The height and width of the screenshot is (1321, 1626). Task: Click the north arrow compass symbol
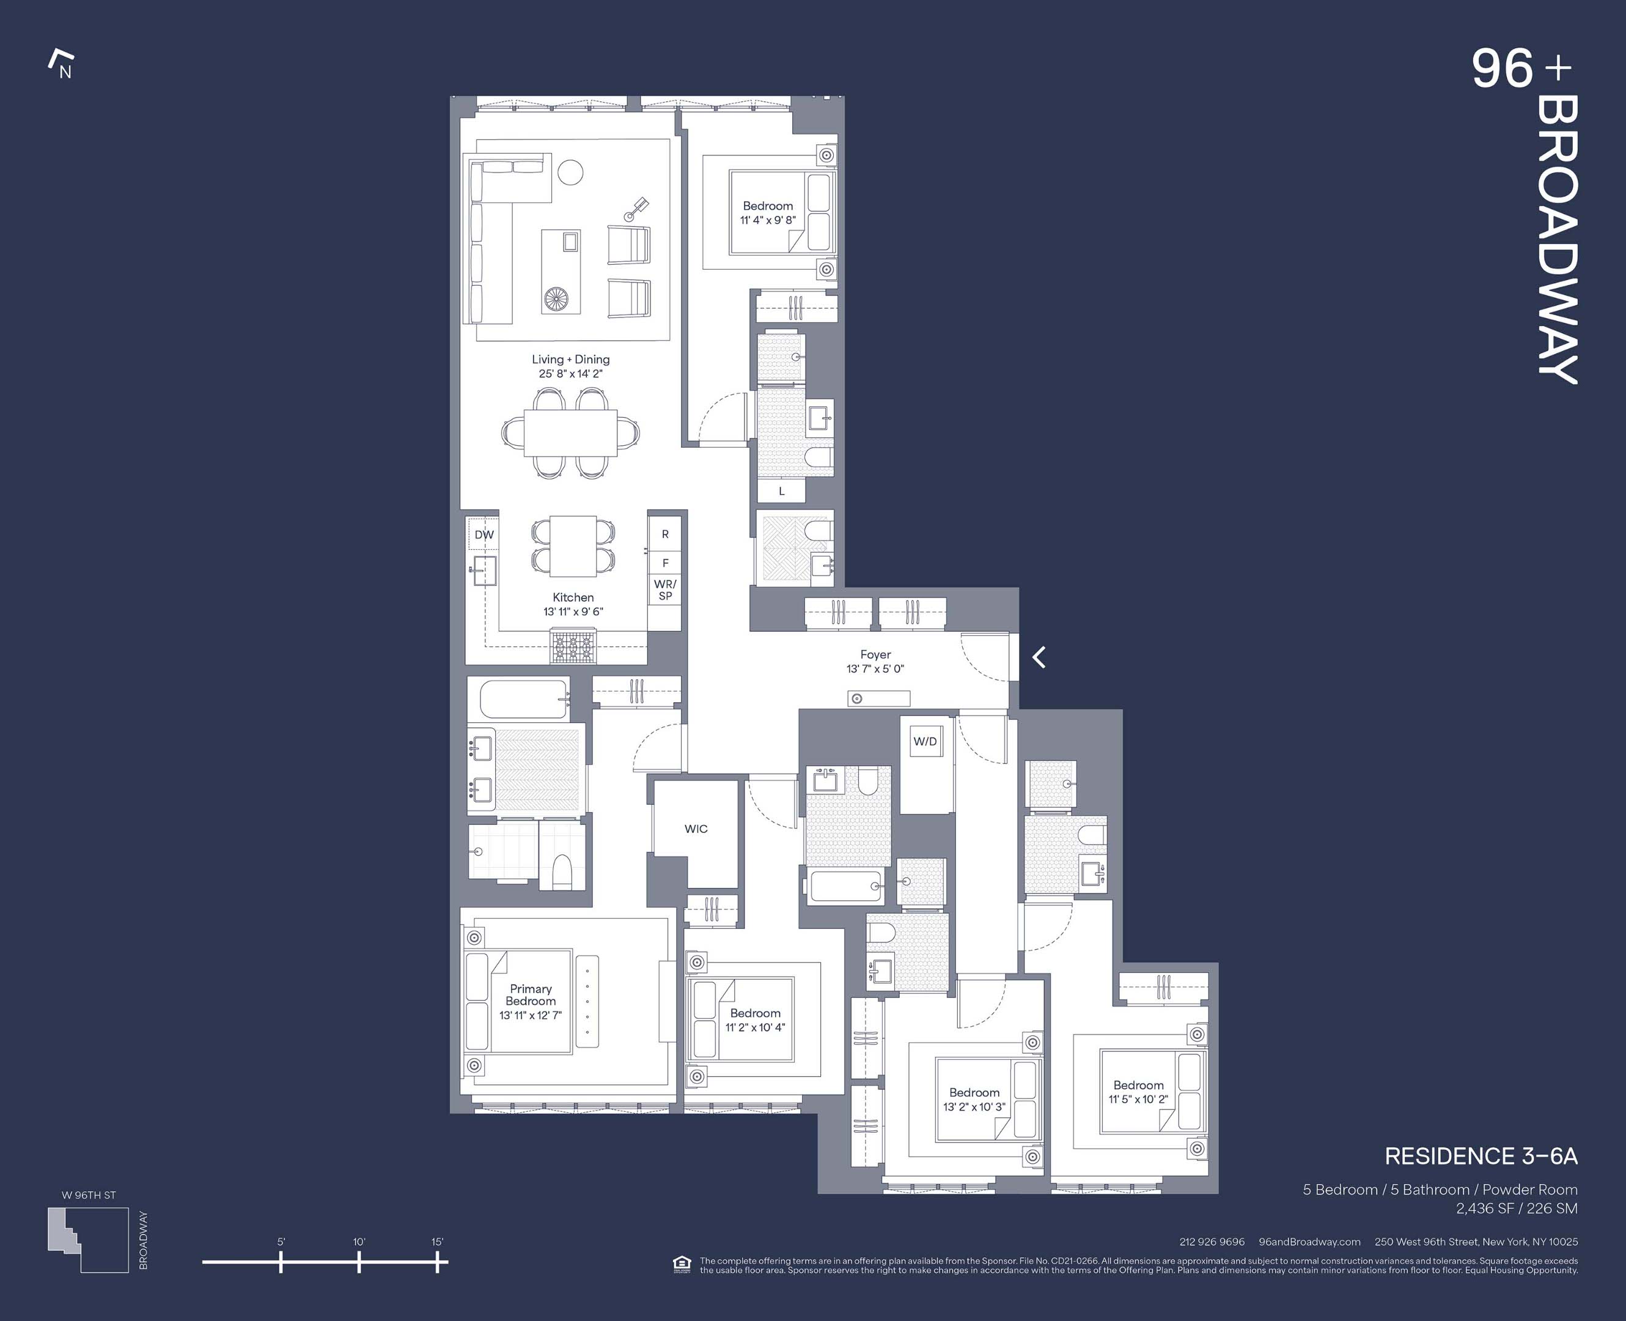click(x=61, y=64)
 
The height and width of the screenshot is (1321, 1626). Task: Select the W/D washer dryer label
click(x=925, y=741)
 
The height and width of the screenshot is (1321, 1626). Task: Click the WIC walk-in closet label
click(x=696, y=829)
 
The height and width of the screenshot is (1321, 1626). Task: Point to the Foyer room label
click(x=875, y=654)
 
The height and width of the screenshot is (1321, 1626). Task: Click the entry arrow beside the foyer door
click(x=1039, y=657)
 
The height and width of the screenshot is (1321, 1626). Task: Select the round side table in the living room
click(x=570, y=172)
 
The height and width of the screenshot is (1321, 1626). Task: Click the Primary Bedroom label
click(x=531, y=994)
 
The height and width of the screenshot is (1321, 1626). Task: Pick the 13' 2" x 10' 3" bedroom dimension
click(x=974, y=1106)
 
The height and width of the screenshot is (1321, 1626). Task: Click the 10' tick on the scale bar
click(x=359, y=1262)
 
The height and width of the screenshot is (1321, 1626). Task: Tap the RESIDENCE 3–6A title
click(x=1480, y=1156)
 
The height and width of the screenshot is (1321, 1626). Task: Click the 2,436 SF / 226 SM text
click(x=1516, y=1208)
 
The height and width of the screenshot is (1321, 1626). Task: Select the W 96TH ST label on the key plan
click(x=89, y=1194)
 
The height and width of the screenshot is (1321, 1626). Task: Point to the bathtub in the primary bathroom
click(x=518, y=698)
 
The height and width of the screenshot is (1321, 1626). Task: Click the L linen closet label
click(x=781, y=492)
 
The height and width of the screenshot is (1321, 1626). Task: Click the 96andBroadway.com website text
click(x=1309, y=1241)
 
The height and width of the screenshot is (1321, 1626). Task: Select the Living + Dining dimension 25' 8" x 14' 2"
click(x=570, y=374)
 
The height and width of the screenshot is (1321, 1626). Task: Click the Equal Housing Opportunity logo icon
click(x=682, y=1265)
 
